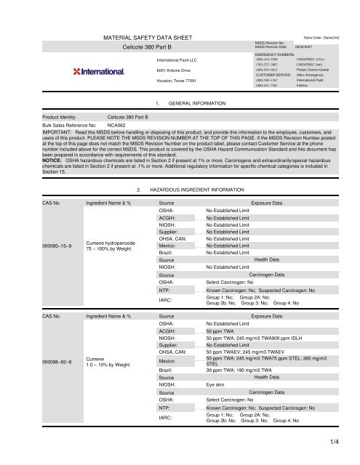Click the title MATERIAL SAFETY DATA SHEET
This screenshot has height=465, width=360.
144,36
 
